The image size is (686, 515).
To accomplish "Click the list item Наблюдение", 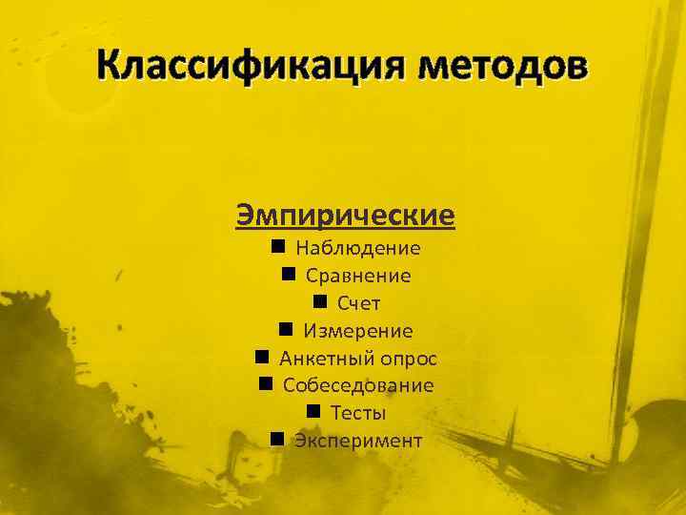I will (x=358, y=249).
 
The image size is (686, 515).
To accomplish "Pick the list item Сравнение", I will (x=358, y=277).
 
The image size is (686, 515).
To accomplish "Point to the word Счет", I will (x=358, y=304).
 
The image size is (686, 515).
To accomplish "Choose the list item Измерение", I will (x=358, y=332).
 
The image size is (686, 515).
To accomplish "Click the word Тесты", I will (x=358, y=414).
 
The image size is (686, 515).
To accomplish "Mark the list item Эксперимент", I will (x=358, y=441).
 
